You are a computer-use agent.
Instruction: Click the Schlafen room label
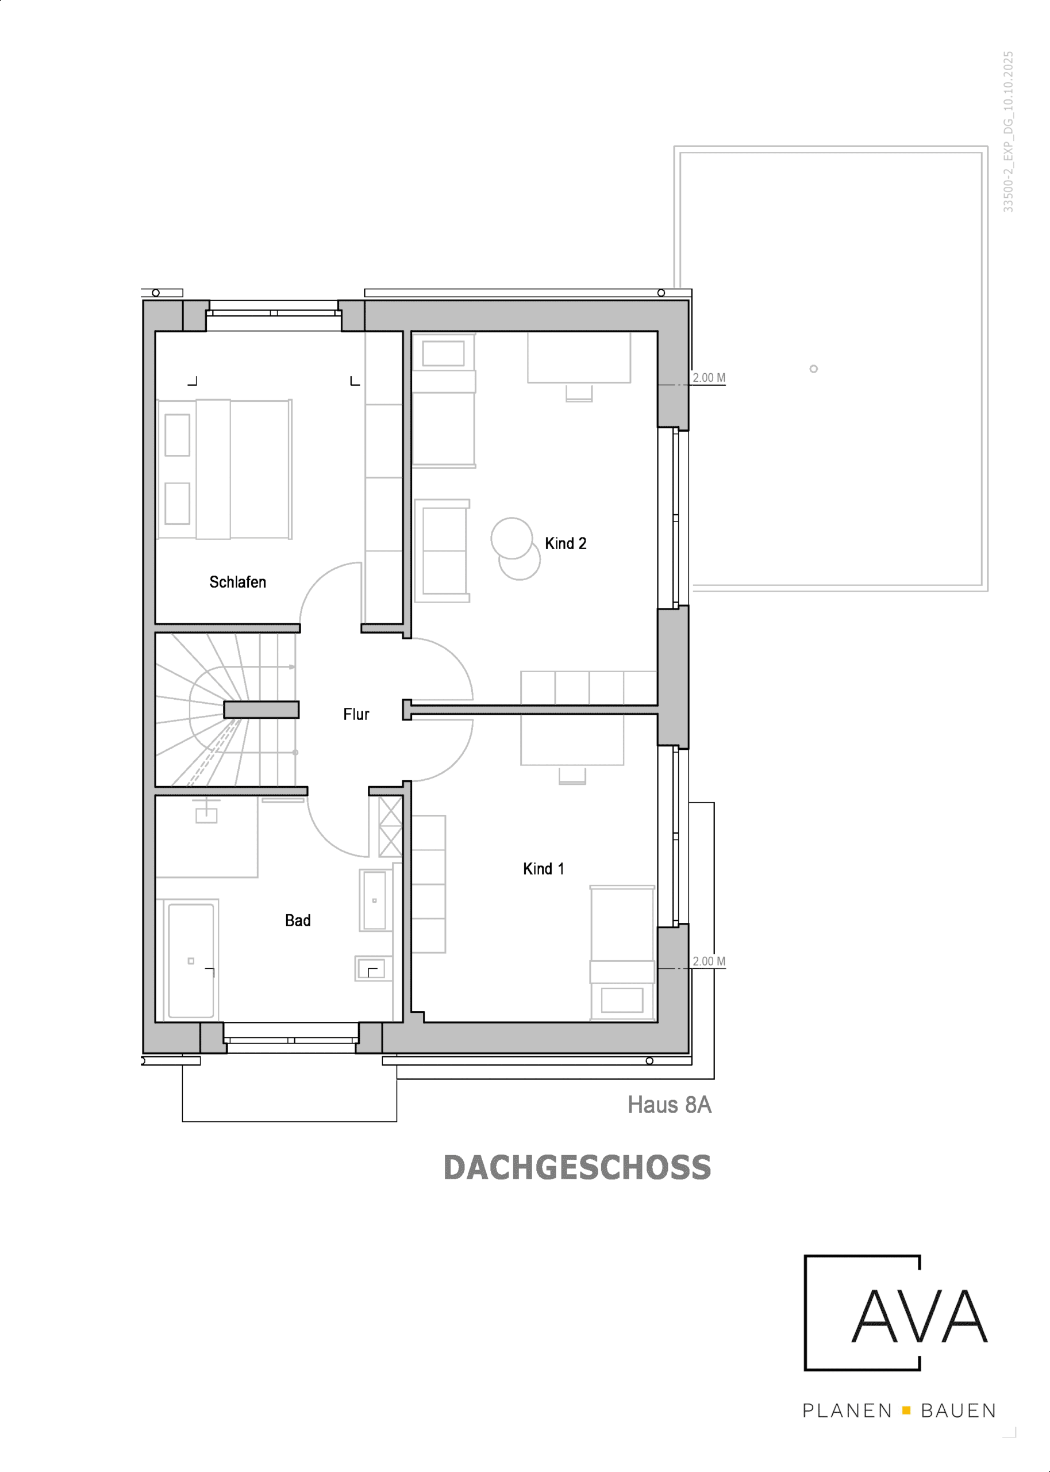pos(237,582)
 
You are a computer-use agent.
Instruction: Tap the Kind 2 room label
pos(565,543)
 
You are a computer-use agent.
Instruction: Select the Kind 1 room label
pos(543,869)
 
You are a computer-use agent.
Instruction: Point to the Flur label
pos(356,714)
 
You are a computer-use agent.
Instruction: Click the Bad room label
pos(298,921)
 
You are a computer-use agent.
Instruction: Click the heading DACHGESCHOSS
pos(577,1168)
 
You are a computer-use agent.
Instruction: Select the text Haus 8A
pos(669,1105)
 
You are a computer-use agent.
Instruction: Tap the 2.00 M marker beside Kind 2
pos(709,378)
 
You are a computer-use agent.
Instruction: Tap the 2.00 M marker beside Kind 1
pos(709,961)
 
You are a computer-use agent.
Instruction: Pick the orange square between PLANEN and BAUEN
pos(906,1410)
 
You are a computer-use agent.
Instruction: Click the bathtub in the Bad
pos(191,960)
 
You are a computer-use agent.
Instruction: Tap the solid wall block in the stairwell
pos(261,710)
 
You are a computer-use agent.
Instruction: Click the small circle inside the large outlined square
pos(813,369)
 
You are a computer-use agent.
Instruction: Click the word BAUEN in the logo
pos(958,1410)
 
